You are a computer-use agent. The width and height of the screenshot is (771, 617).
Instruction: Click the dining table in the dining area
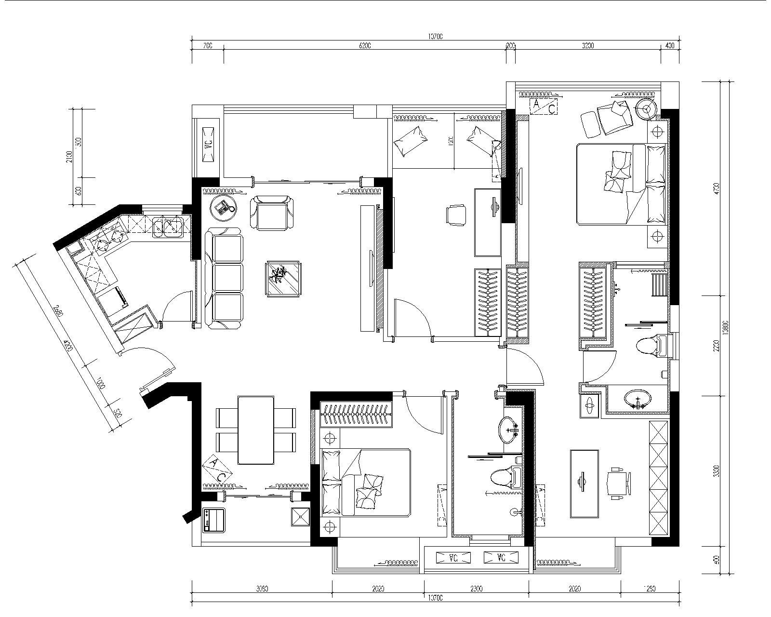pyautogui.click(x=256, y=430)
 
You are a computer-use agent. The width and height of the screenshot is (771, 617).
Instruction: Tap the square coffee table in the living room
pyautogui.click(x=284, y=279)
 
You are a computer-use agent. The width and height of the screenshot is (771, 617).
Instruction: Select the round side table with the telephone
pyautogui.click(x=224, y=209)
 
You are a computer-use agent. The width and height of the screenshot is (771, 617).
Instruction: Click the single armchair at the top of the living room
pyautogui.click(x=272, y=213)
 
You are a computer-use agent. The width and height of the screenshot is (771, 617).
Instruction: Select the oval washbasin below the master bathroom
pyautogui.click(x=637, y=398)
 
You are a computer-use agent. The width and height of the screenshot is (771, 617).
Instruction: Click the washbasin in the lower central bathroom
pyautogui.click(x=508, y=429)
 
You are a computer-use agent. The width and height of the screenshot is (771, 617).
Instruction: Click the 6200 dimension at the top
pyautogui.click(x=365, y=46)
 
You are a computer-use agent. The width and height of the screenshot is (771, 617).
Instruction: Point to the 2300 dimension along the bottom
pyautogui.click(x=476, y=589)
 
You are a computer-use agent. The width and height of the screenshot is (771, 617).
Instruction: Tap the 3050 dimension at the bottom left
pyautogui.click(x=262, y=589)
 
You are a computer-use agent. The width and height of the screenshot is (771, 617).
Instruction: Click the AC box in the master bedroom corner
pyautogui.click(x=543, y=106)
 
